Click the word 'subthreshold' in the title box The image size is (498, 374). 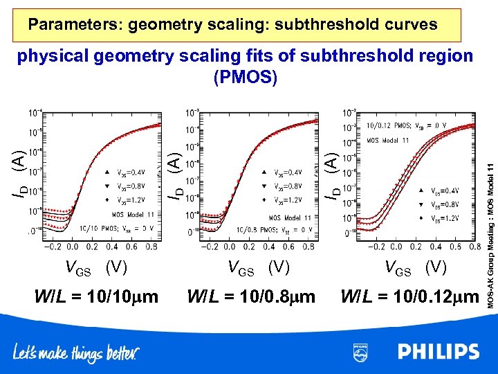[x=320, y=25]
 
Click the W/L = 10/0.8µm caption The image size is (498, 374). [x=252, y=296]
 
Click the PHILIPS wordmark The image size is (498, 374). [x=439, y=352]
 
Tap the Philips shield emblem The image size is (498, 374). [x=360, y=352]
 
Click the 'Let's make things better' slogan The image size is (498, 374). [x=76, y=353]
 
